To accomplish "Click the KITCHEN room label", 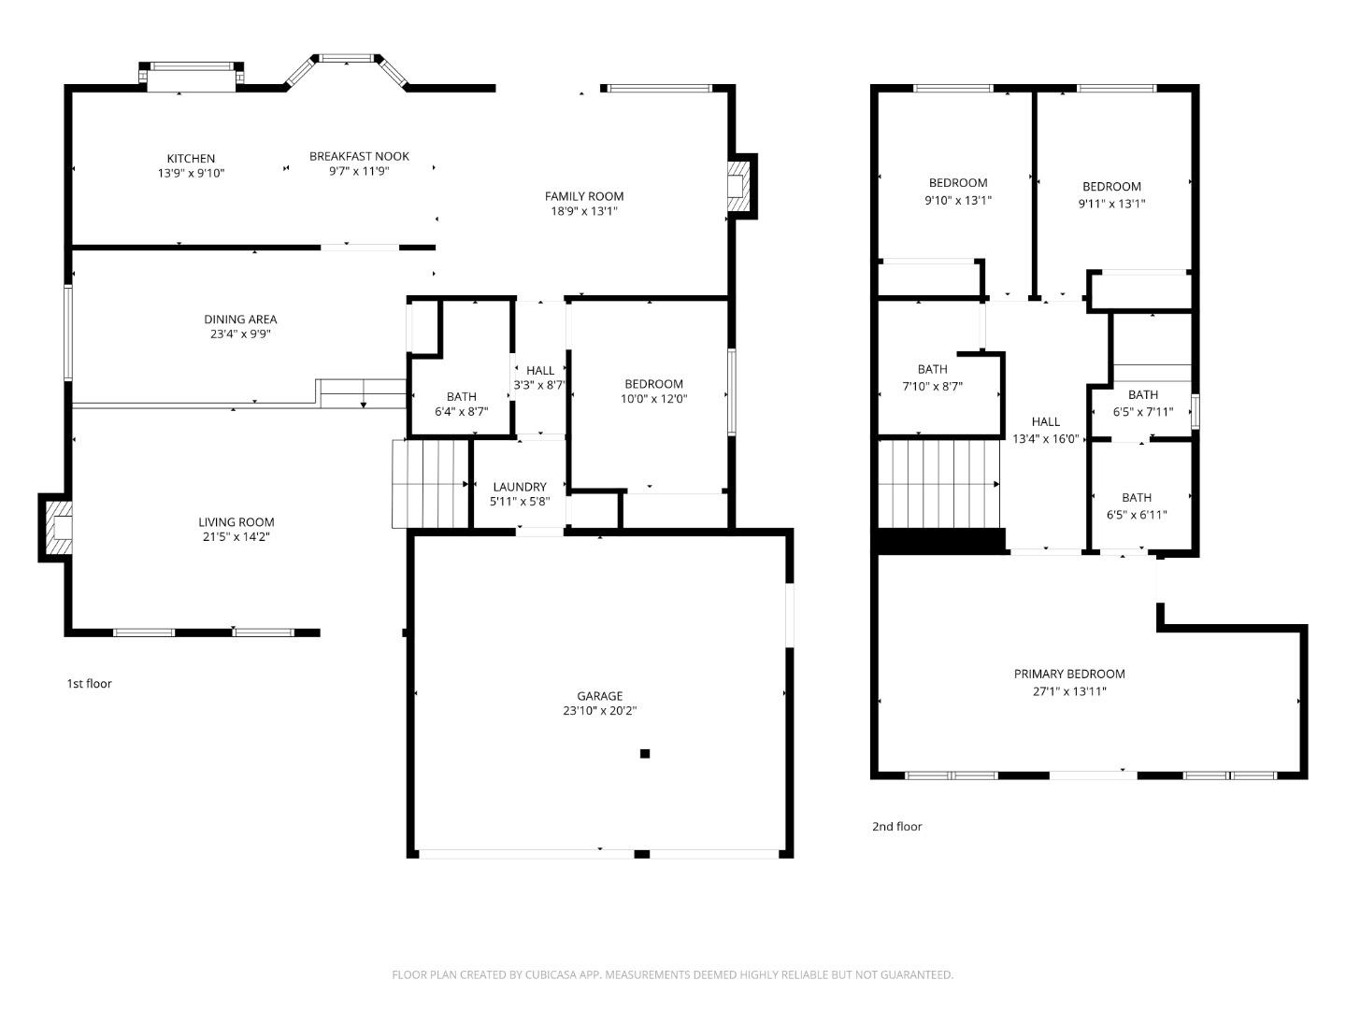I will pyautogui.click(x=191, y=159).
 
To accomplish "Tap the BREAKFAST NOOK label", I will pyautogui.click(x=359, y=156).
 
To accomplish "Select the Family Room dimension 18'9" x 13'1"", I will pyautogui.click(x=584, y=211).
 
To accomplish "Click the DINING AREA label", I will pyautogui.click(x=240, y=320).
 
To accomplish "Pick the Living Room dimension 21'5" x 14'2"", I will pyautogui.click(x=236, y=537).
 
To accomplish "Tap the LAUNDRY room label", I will pyautogui.click(x=520, y=487).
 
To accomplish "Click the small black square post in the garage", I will pyautogui.click(x=644, y=754).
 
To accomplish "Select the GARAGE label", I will pyautogui.click(x=599, y=696).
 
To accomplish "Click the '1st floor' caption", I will pyautogui.click(x=89, y=684).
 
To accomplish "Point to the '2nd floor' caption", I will pyautogui.click(x=896, y=827).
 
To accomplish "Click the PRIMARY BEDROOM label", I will pyautogui.click(x=1069, y=675).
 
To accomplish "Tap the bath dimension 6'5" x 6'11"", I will pyautogui.click(x=1137, y=515).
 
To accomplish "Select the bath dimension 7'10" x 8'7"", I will pyautogui.click(x=933, y=386).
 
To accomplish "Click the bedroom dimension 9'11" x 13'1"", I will pyautogui.click(x=1111, y=203).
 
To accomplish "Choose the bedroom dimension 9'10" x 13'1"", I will pyautogui.click(x=958, y=200).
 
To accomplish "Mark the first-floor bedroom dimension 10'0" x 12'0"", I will pyautogui.click(x=653, y=399).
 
